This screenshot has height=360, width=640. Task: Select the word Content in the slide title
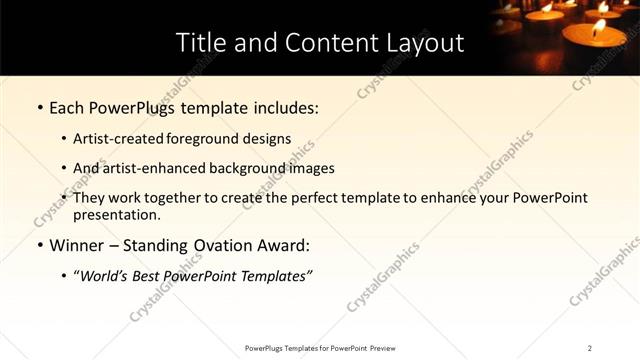point(319,43)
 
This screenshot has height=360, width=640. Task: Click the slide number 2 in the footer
point(590,348)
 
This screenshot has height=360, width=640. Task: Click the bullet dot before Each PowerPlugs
point(39,106)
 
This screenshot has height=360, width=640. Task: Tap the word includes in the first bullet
point(288,105)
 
